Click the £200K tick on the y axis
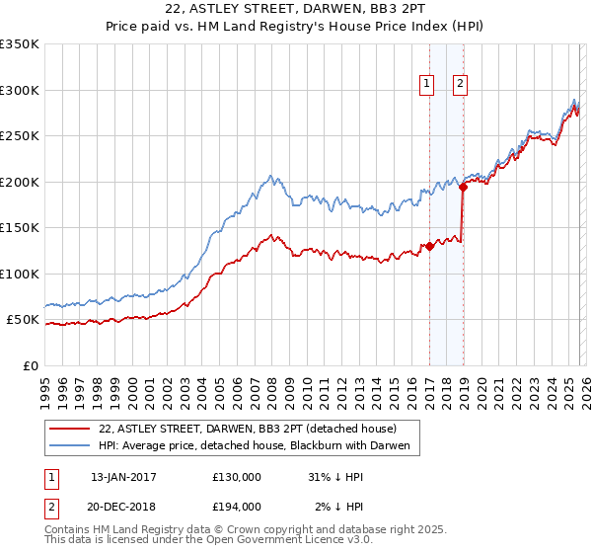tap(20, 182)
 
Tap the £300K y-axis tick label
tap(20, 90)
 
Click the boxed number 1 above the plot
tap(427, 85)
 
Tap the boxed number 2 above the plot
tap(461, 85)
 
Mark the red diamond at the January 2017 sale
tap(429, 247)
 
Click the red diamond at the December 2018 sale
tap(463, 188)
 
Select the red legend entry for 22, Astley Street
tap(247, 429)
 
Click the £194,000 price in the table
tap(236, 507)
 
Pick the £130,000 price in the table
tap(236, 477)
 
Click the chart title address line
tap(296, 12)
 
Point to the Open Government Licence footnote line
tap(202, 542)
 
